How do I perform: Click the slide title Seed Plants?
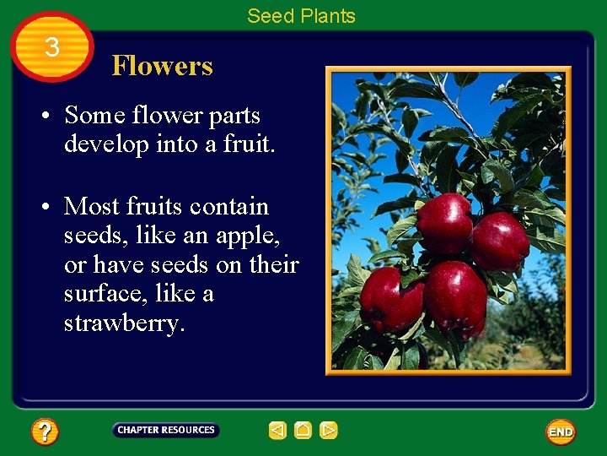[301, 16]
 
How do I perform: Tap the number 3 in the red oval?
[52, 47]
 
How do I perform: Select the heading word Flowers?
[162, 66]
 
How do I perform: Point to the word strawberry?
[123, 323]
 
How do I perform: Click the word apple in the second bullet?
[237, 236]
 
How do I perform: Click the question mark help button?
[45, 432]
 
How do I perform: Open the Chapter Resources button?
[165, 430]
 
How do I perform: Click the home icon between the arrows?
[303, 431]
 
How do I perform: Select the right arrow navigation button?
[328, 431]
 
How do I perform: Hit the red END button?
[561, 432]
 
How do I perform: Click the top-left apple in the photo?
[444, 223]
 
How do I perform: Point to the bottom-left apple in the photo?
[389, 298]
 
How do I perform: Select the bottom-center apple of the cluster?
[455, 297]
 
